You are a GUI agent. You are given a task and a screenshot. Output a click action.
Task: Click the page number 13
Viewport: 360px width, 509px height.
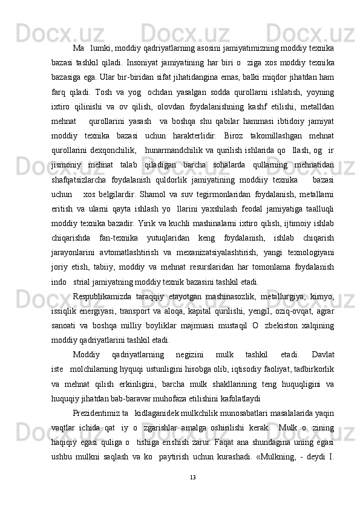click(192, 478)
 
